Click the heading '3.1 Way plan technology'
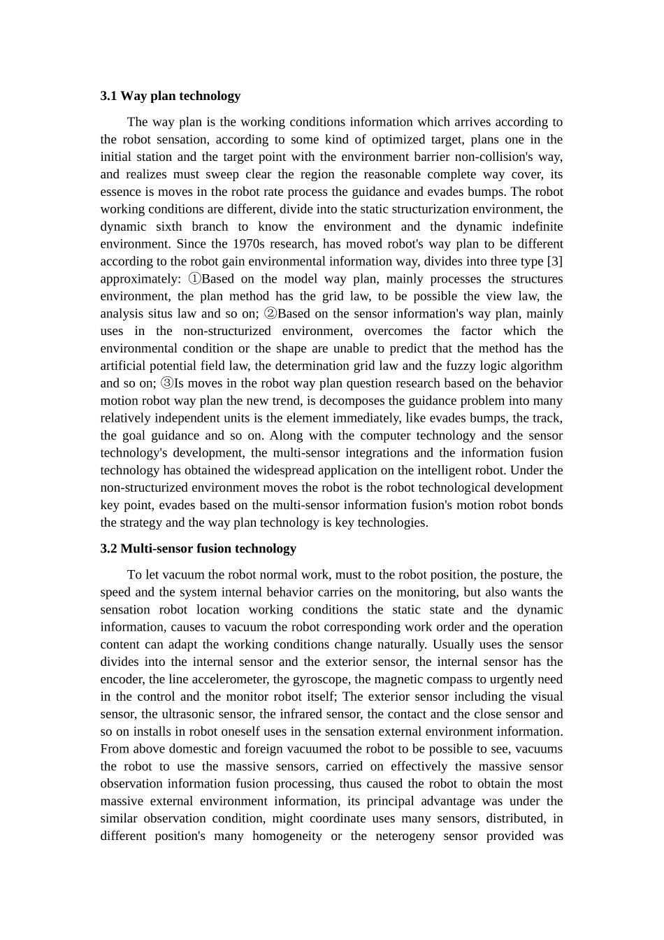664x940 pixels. coord(170,96)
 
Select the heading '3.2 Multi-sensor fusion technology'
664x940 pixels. coord(198,548)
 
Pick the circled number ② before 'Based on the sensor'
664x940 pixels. coord(270,314)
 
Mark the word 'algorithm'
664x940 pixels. coord(535,366)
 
